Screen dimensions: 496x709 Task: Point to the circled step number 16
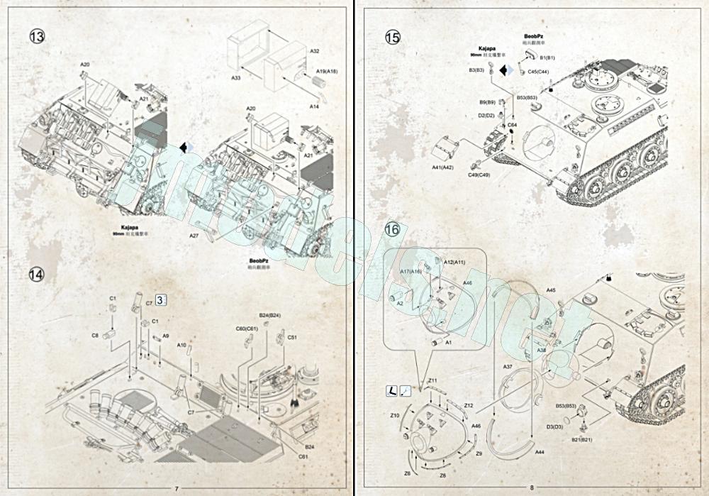(x=392, y=229)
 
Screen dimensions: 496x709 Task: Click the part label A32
(x=315, y=51)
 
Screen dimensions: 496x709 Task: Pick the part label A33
(x=236, y=77)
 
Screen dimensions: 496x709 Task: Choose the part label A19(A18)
(x=327, y=72)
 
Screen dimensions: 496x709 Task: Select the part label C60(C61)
(x=247, y=329)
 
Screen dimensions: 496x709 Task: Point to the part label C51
(x=291, y=338)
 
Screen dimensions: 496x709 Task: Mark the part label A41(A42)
(x=442, y=167)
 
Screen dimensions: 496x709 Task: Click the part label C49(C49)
(x=479, y=175)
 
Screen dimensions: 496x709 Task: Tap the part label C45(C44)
(x=538, y=72)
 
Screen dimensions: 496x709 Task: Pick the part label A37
(x=508, y=366)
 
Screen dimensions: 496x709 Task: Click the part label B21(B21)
(x=583, y=439)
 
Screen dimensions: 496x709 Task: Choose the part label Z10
(x=395, y=415)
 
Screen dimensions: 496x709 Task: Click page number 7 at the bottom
(x=177, y=487)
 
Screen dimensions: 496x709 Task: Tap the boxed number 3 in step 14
(x=162, y=301)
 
